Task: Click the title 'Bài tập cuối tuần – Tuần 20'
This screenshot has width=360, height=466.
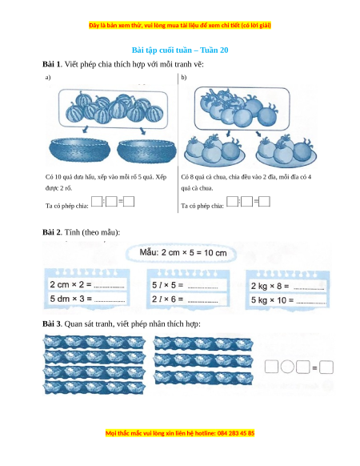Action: tap(180, 50)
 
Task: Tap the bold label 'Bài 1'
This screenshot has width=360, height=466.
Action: tap(51, 64)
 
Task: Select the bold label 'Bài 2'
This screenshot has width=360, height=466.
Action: tap(51, 232)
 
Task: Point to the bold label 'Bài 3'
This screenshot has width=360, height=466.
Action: tap(51, 323)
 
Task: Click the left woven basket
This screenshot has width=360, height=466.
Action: tap(80, 150)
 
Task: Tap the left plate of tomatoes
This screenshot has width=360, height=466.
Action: tap(214, 151)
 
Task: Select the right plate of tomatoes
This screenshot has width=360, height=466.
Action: tap(286, 151)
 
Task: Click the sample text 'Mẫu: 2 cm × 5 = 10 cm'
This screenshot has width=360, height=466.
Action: tap(183, 253)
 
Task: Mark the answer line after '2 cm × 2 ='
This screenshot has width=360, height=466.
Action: tap(109, 287)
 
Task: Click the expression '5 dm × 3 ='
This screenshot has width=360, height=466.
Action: tap(70, 299)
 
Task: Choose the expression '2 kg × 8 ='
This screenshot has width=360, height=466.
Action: tap(270, 286)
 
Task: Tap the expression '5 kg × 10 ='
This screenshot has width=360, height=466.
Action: tap(272, 300)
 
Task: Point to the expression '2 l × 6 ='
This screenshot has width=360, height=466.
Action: tap(167, 299)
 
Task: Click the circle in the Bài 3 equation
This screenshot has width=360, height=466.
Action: tap(287, 367)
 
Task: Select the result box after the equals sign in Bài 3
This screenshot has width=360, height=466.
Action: tap(326, 368)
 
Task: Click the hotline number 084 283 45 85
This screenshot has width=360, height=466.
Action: tap(236, 433)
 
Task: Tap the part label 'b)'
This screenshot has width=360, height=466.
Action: tap(184, 78)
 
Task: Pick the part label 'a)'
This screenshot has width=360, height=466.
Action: tap(48, 78)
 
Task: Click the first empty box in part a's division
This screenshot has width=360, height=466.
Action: tap(97, 202)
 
